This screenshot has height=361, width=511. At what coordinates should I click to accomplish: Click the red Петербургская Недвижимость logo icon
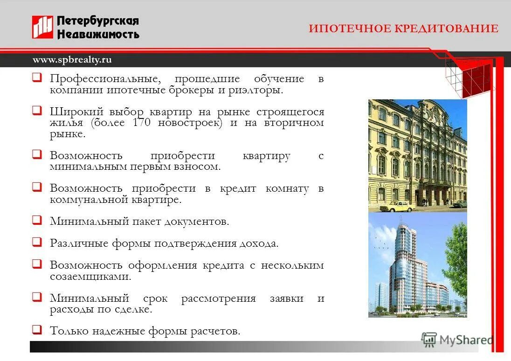pos(42,27)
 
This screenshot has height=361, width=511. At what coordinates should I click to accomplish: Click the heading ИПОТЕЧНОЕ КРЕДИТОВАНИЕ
pos(403,28)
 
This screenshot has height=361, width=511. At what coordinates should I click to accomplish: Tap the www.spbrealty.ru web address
pos(72,60)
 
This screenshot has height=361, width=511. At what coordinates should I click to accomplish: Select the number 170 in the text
pos(142,123)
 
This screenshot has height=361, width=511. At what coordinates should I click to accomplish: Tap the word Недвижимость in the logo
pos(98,34)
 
